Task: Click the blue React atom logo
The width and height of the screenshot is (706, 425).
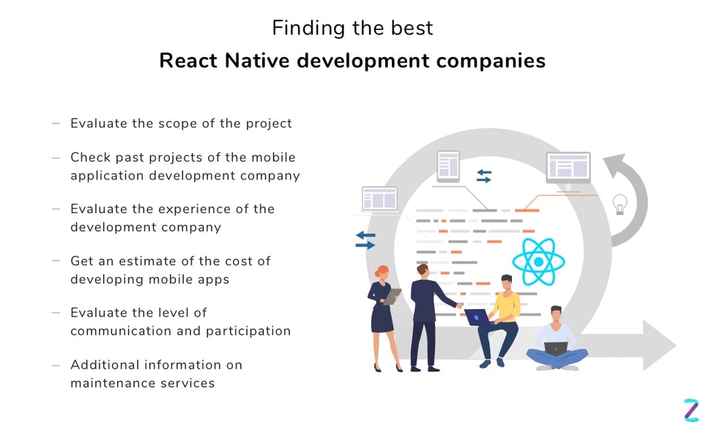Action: click(538, 262)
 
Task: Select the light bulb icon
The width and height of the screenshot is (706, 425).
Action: click(620, 204)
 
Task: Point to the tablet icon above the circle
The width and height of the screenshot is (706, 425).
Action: click(447, 166)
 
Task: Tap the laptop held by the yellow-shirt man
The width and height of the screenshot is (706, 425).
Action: click(477, 317)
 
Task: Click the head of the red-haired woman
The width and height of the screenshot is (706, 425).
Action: click(382, 273)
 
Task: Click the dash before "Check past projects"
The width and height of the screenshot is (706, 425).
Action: click(56, 158)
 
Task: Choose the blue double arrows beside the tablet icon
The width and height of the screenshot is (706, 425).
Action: click(484, 175)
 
